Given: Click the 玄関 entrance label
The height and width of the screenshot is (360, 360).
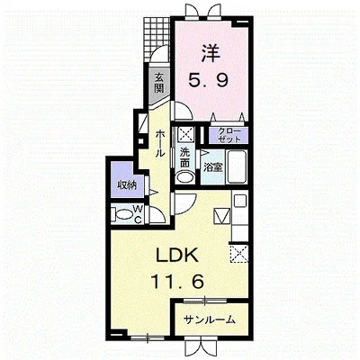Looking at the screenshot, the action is pos(159,83).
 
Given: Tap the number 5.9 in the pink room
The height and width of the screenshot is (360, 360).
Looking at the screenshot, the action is pos(209,80).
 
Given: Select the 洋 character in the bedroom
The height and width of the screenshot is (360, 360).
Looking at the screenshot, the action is pos(210,53).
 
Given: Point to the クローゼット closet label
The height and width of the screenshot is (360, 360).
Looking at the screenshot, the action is pos(229,135).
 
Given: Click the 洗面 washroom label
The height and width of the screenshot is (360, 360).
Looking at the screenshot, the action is pos(184,157).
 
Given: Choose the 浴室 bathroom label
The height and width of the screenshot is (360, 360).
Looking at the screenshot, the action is pos(213,167).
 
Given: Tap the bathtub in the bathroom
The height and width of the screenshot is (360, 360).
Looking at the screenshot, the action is pos(237,166).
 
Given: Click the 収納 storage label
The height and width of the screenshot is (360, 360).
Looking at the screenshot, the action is pos(127,184).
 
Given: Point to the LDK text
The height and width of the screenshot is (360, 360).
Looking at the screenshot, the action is pos(177,255).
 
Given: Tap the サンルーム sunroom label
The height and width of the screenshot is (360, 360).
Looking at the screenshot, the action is pos(209,319).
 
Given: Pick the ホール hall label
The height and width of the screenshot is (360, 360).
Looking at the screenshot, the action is pos(160,143).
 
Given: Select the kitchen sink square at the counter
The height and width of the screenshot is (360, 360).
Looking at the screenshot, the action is pos(240,201).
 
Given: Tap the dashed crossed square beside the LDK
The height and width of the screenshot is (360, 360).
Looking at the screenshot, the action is pos(239,254).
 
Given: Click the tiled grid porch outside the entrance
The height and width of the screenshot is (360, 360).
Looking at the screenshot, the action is pos(157,38).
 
